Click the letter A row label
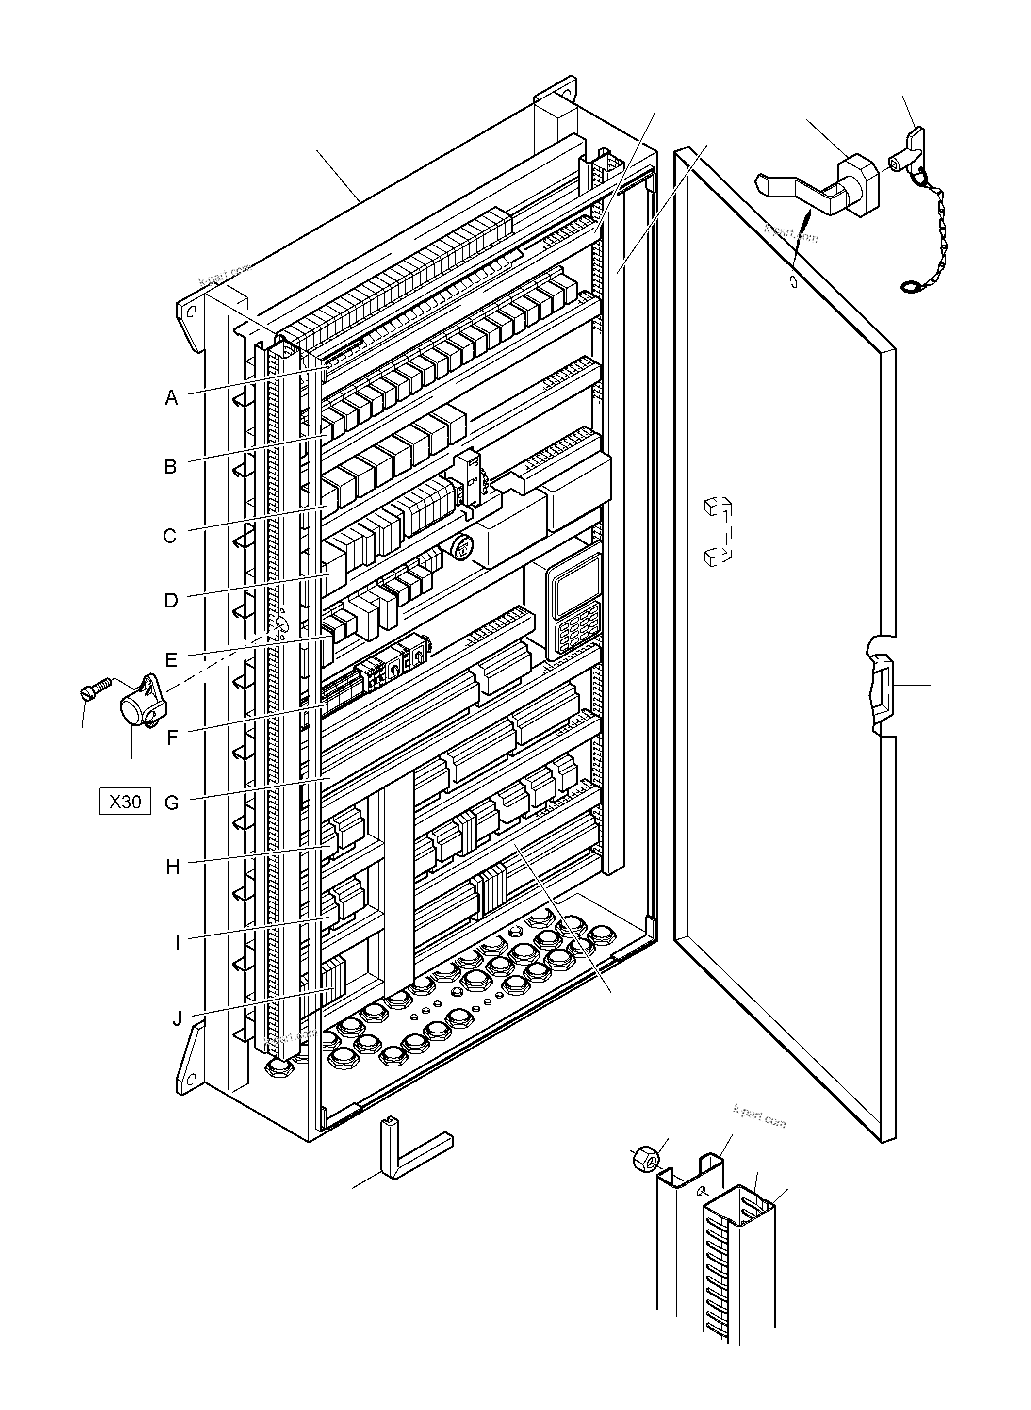pos(171,397)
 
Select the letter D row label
pos(171,601)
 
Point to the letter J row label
pos(177,1018)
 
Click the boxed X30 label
pos(125,802)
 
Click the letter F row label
pos(172,738)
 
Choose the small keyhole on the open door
pos(793,282)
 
